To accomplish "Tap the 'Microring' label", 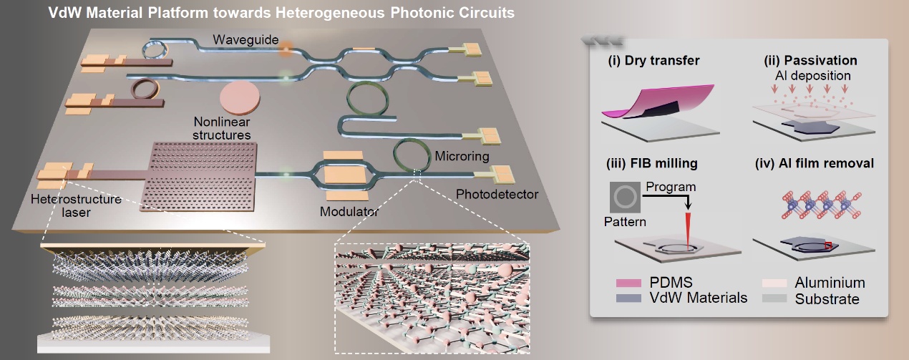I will point(462,155).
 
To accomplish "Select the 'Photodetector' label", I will point(497,194).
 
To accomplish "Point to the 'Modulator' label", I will point(349,211).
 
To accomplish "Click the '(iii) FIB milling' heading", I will point(652,164).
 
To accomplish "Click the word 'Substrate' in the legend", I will point(827,299).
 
